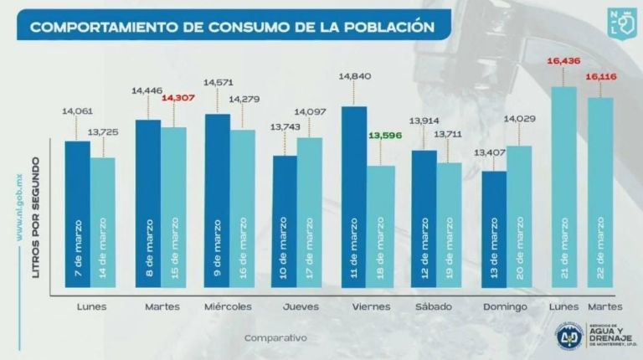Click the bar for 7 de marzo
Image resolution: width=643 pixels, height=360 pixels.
click(77, 218)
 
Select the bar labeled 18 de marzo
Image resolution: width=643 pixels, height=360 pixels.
click(381, 230)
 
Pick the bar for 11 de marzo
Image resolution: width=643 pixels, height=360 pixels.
click(354, 201)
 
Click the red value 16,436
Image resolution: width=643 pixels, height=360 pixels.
click(563, 61)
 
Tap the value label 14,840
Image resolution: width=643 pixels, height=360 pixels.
click(354, 76)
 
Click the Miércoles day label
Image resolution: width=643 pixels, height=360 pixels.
click(228, 307)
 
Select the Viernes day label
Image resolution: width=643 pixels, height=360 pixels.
click(368, 307)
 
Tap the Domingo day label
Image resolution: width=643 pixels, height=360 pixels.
click(506, 307)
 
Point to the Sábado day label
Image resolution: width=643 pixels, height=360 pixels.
click(435, 307)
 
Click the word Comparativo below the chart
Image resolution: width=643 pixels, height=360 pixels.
click(275, 338)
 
